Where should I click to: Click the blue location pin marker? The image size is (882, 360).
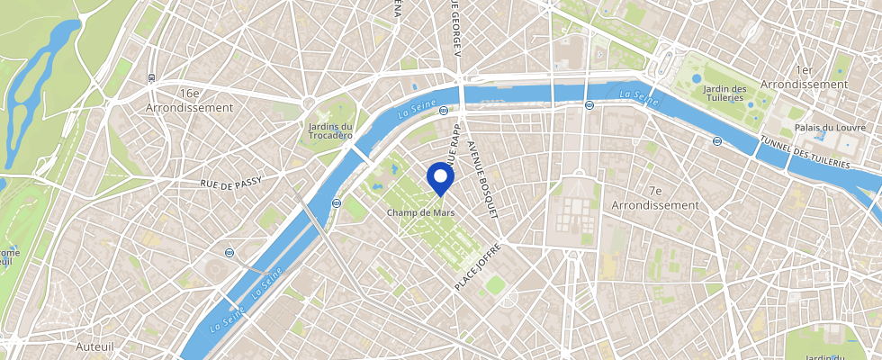tap(439, 177)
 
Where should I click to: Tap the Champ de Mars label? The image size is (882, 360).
tap(420, 212)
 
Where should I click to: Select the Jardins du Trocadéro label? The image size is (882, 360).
tap(330, 131)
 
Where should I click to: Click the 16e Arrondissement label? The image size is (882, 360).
tap(189, 100)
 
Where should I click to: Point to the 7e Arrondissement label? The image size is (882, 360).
tap(654, 198)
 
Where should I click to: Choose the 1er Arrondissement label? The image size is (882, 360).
tap(804, 76)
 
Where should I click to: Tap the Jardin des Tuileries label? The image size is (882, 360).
tap(725, 94)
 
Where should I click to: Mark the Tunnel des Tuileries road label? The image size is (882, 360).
tap(804, 152)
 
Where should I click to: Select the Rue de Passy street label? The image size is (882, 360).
tap(231, 183)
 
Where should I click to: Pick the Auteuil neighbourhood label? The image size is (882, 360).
tap(93, 345)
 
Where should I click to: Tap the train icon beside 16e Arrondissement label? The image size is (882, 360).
tap(152, 78)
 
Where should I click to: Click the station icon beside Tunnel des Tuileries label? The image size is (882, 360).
tap(716, 141)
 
